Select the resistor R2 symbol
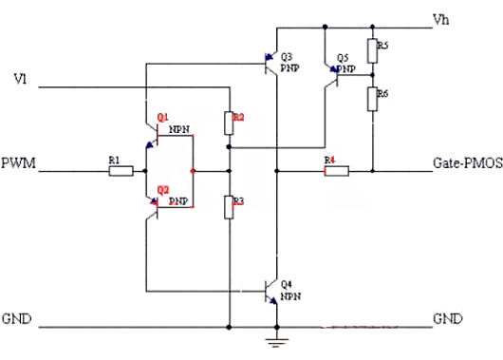coord(229,123)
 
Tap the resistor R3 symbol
coord(229,207)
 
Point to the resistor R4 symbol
coord(336,172)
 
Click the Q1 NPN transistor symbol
coord(153,138)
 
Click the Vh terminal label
coord(440,19)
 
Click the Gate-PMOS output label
coord(464,162)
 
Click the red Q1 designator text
coord(162,116)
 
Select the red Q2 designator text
coord(162,189)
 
